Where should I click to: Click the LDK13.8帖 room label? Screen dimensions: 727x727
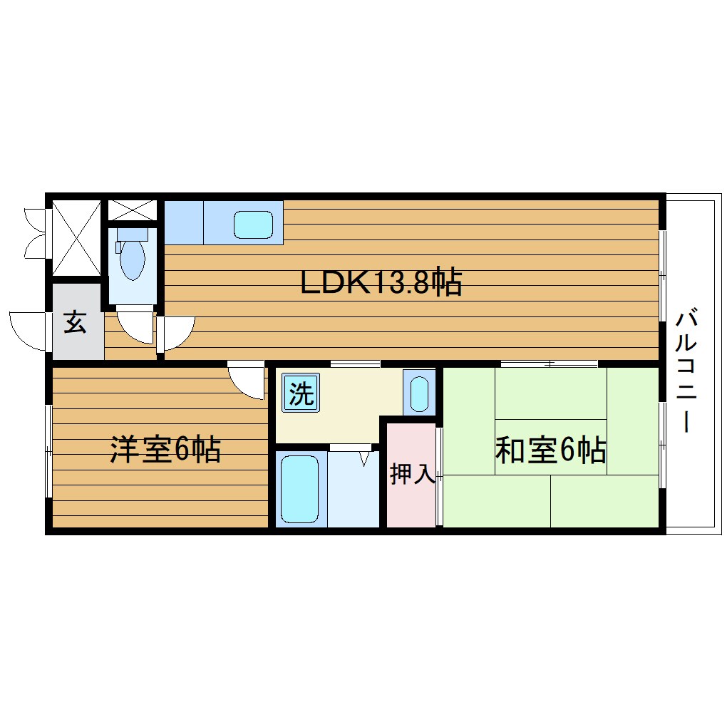pyautogui.click(x=381, y=283)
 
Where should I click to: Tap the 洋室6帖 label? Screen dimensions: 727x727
pyautogui.click(x=165, y=450)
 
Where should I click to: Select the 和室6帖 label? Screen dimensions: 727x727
pyautogui.click(x=550, y=450)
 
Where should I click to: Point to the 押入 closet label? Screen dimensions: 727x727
pyautogui.click(x=412, y=475)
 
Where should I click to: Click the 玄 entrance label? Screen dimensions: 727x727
pyautogui.click(x=75, y=323)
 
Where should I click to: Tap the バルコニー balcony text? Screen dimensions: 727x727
pyautogui.click(x=686, y=371)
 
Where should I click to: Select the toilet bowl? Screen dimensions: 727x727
pyautogui.click(x=132, y=259)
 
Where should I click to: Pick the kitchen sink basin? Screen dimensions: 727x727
pyautogui.click(x=253, y=225)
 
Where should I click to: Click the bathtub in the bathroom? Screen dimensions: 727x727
pyautogui.click(x=300, y=488)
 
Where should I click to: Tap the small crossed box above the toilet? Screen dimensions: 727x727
pyautogui.click(x=132, y=210)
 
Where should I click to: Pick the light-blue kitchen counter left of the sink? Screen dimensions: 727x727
pyautogui.click(x=184, y=222)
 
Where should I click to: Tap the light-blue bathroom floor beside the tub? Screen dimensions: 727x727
pyautogui.click(x=353, y=492)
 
